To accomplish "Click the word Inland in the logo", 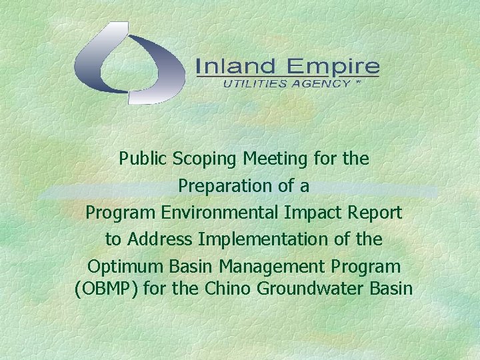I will click(x=235, y=67).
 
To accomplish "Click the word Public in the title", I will click(x=143, y=159).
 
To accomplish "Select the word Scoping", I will click(x=204, y=159).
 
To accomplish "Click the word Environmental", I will click(x=205, y=213).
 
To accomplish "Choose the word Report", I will click(x=373, y=213).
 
